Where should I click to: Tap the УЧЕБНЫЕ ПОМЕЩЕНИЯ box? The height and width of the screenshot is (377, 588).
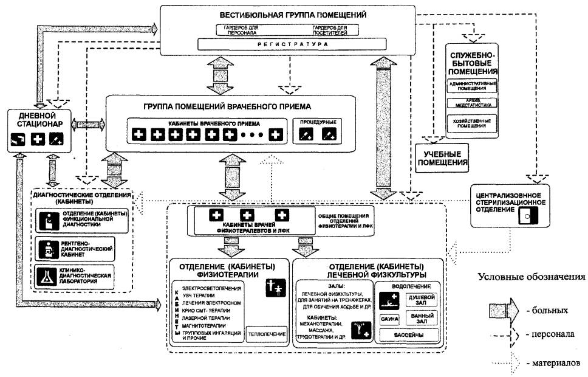442,159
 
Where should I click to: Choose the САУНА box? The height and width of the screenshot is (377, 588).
389,318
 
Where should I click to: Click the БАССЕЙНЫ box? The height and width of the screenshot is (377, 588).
409,334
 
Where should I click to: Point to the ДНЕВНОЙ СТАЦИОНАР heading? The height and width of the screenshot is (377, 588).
38,119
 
